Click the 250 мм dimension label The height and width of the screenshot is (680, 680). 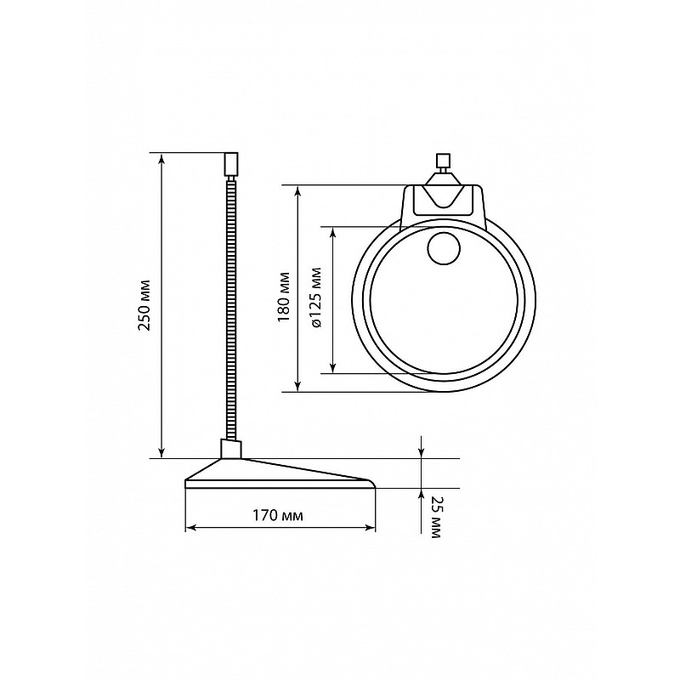144,305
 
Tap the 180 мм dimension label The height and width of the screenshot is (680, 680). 285,297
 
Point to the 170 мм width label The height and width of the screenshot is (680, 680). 278,516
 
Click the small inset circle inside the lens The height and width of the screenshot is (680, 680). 444,249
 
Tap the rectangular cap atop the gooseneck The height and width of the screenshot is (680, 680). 231,163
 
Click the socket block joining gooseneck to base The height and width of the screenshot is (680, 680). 230,449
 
